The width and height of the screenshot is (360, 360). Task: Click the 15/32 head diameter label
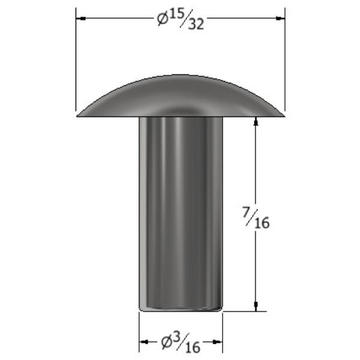point(181,19)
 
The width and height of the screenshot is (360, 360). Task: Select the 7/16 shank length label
point(256,218)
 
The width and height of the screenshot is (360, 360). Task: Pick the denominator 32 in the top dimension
point(196,24)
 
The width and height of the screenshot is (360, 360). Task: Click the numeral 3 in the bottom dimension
point(175,337)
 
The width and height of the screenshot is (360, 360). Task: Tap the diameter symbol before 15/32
point(163,19)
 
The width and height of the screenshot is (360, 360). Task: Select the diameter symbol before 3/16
point(166,342)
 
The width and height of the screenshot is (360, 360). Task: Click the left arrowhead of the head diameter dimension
point(81,18)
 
